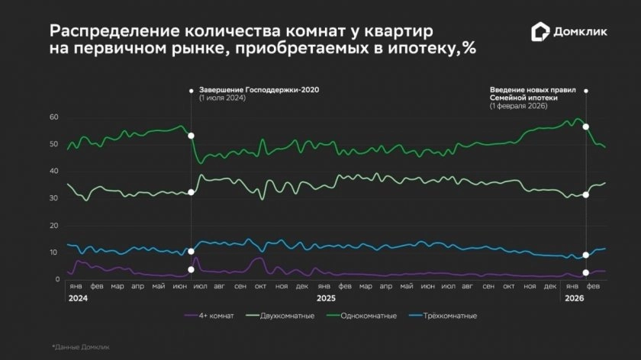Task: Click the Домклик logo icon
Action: (x=540, y=32)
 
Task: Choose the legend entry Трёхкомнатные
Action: (x=448, y=314)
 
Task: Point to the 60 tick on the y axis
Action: (x=53, y=117)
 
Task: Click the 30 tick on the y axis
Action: (x=53, y=198)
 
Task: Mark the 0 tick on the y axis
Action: (x=56, y=279)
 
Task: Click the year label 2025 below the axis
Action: (x=327, y=297)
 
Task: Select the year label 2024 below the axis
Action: (x=76, y=297)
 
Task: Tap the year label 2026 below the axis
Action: (x=574, y=297)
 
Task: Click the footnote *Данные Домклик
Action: (x=81, y=347)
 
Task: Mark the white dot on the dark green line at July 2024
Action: (x=191, y=135)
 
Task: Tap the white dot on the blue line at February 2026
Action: (x=585, y=255)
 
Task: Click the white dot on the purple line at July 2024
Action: (x=191, y=269)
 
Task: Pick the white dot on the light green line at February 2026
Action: (x=585, y=195)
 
